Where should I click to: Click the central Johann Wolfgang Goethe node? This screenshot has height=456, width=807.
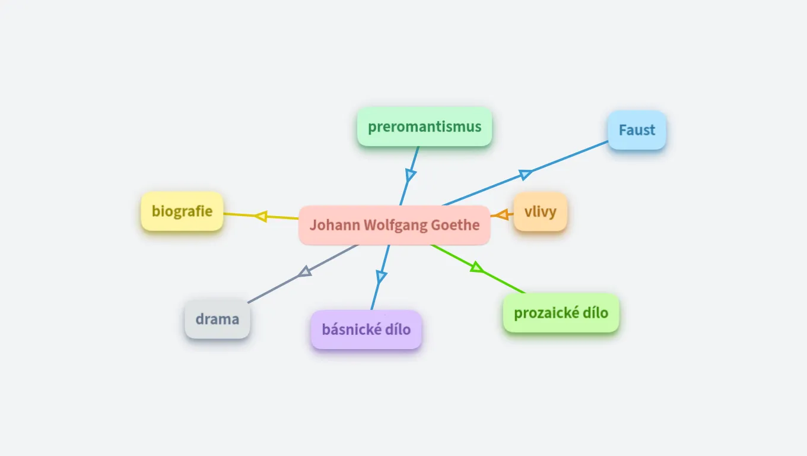tap(395, 225)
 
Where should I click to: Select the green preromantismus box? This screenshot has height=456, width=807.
tap(424, 126)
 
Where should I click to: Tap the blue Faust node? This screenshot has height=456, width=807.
tap(637, 130)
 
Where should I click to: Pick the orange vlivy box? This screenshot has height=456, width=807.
tap(540, 211)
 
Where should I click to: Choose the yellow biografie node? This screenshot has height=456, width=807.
tap(182, 211)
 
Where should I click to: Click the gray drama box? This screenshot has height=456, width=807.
tap(217, 319)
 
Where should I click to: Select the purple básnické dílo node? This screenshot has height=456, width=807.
tap(366, 330)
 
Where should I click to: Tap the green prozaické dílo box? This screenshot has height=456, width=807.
tap(561, 313)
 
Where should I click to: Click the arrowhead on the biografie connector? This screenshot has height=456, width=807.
tap(261, 216)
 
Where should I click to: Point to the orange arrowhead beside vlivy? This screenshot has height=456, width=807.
tap(503, 215)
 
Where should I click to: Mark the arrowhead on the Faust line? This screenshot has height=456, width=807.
tap(525, 174)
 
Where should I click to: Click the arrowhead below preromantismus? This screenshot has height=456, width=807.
tap(410, 175)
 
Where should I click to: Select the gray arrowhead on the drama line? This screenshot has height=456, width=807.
tap(305, 271)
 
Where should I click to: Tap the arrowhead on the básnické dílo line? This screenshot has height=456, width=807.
tap(381, 276)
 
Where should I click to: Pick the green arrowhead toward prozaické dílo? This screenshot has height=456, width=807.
tap(477, 267)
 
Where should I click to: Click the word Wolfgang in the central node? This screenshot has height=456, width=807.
tap(395, 226)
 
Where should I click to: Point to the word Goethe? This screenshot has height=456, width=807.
tap(455, 225)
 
